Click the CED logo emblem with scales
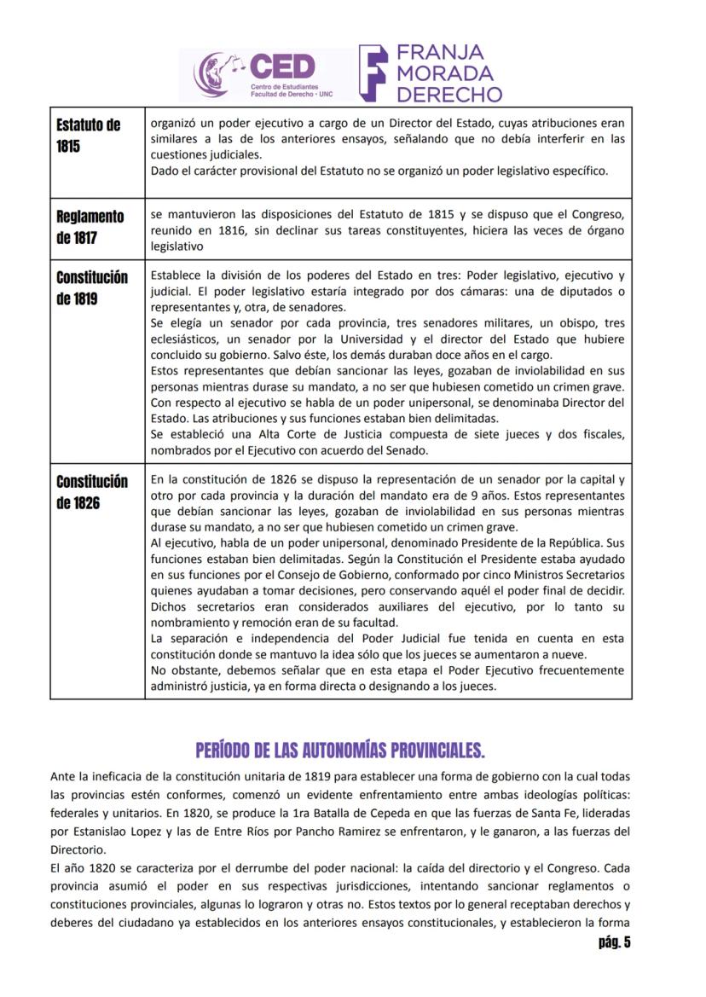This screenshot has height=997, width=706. click(x=217, y=74)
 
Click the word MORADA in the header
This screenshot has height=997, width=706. click(x=444, y=72)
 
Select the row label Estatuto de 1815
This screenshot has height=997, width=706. click(x=88, y=136)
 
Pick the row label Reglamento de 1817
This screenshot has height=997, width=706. click(x=90, y=227)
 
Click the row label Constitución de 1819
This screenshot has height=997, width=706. click(x=92, y=288)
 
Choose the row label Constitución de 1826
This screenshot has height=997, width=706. click(x=92, y=492)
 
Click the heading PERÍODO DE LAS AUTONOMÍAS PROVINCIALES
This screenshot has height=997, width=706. click(x=340, y=751)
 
